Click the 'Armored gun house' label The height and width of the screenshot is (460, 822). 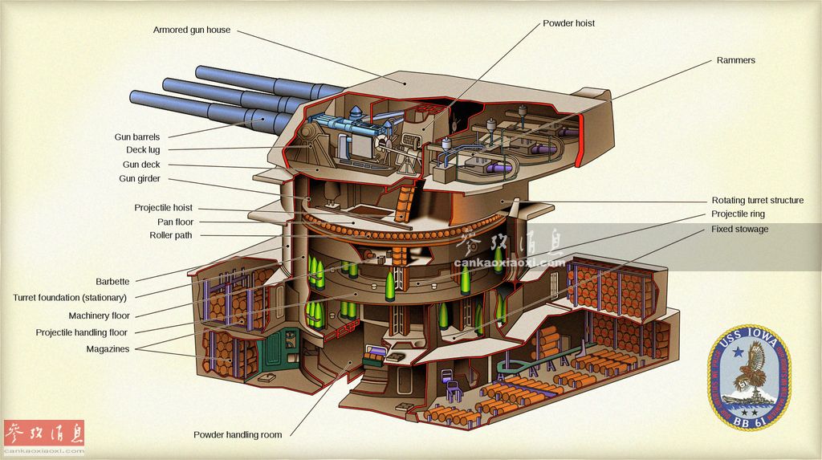pos(192,31)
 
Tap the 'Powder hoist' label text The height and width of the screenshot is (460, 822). pos(569,23)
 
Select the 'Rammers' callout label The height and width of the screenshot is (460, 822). pos(736,60)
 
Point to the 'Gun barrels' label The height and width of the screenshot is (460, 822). pos(137,137)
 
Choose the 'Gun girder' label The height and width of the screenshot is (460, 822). pos(140,179)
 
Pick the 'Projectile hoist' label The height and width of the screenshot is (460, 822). pos(163,208)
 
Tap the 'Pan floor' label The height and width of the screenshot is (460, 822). pos(175,222)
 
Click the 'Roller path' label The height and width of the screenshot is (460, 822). pos(171,236)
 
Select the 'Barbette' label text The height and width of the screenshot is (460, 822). pos(112,282)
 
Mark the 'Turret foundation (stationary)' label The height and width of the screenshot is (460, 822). pos(70,298)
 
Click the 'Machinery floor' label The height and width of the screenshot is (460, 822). pos(99,316)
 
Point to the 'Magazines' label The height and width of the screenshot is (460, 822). pos(108,349)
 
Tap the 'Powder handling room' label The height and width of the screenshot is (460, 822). pos(238,435)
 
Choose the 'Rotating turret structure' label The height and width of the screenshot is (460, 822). pos(757,201)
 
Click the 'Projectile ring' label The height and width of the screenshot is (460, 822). pos(738,214)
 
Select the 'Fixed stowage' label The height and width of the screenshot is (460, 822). pos(739,230)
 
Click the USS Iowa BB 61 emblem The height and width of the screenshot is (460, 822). pos(749,375)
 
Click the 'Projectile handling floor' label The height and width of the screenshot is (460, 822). pos(81,332)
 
